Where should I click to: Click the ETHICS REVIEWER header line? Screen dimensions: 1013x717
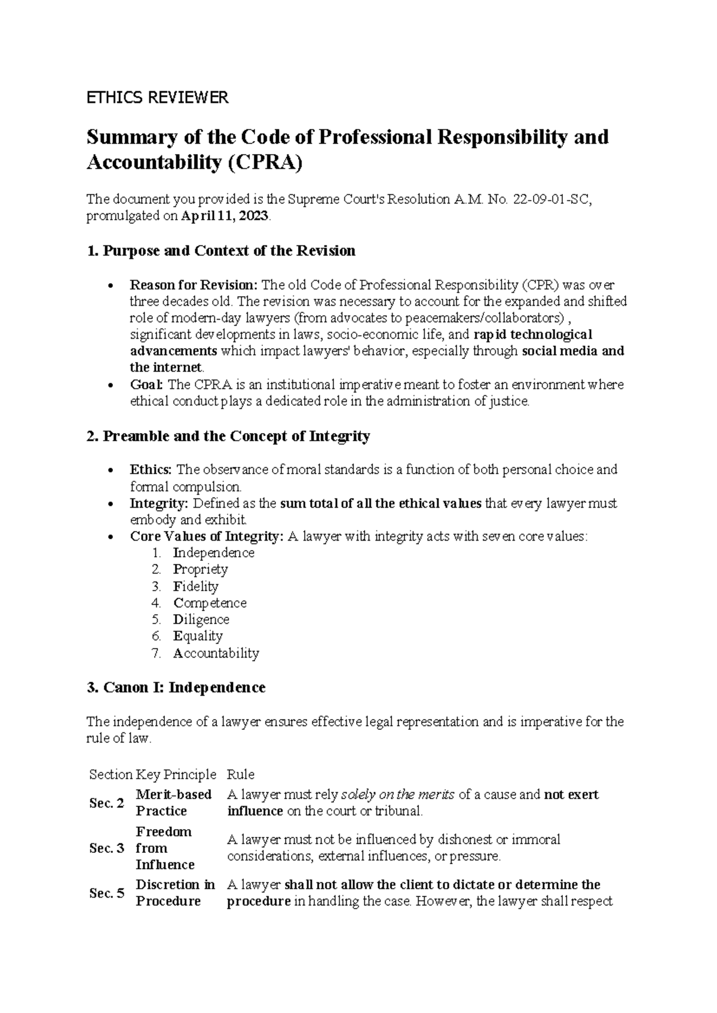[157, 98]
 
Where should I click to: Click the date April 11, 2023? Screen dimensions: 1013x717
[225, 217]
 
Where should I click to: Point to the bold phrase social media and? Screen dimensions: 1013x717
[573, 351]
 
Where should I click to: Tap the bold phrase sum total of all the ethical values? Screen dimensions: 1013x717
[381, 504]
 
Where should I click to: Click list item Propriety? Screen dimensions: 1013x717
[200, 569]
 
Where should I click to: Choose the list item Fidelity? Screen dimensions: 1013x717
[195, 586]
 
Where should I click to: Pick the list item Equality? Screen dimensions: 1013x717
[198, 636]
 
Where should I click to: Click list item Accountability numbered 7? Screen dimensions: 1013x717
[216, 653]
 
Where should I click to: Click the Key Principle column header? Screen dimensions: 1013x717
[176, 775]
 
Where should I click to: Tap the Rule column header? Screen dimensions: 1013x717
[240, 775]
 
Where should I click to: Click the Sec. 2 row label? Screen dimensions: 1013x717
[107, 803]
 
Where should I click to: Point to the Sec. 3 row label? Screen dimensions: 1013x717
[107, 848]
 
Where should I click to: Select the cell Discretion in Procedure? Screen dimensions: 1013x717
[174, 893]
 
